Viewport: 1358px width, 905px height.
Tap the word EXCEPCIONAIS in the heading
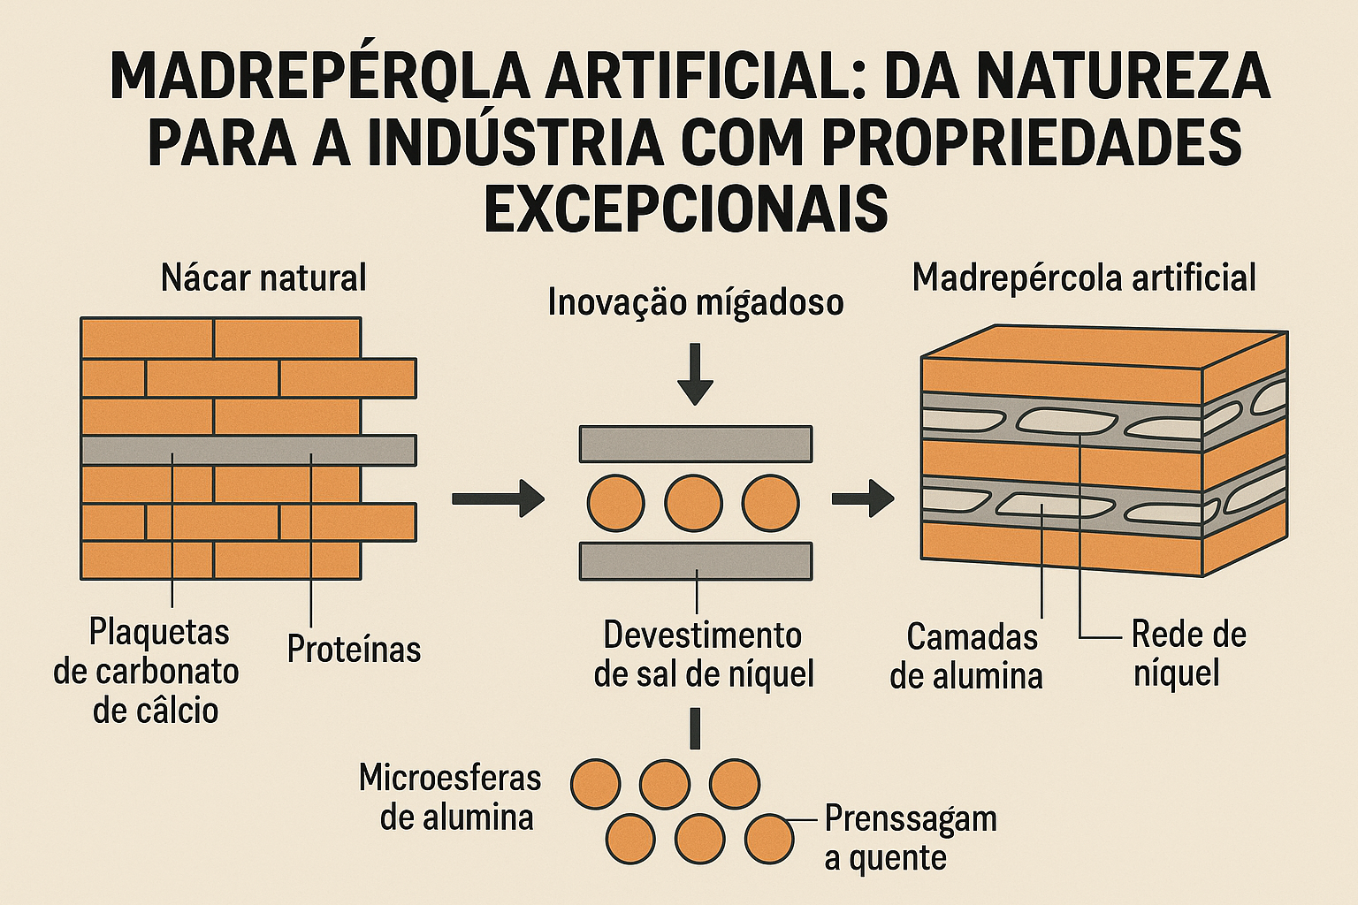[x=686, y=208]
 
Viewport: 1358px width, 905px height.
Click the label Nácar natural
[x=263, y=278]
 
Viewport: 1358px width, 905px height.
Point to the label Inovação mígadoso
[x=696, y=302]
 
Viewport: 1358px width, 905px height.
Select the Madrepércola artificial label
[x=1084, y=278]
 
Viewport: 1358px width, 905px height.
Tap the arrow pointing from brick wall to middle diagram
[x=498, y=498]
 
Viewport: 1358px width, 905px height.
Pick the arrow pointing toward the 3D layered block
[x=863, y=498]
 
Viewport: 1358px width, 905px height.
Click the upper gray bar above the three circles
[x=696, y=445]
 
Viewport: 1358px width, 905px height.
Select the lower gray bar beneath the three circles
[x=696, y=561]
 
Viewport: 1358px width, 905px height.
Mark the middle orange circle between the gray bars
[x=694, y=503]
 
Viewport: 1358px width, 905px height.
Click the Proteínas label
[x=354, y=650]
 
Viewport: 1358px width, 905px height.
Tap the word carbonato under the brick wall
[x=146, y=672]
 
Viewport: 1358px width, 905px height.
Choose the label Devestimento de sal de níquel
[x=704, y=655]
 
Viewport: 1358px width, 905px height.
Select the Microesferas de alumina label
[x=451, y=797]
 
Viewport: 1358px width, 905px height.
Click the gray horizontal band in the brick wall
[x=248, y=451]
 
